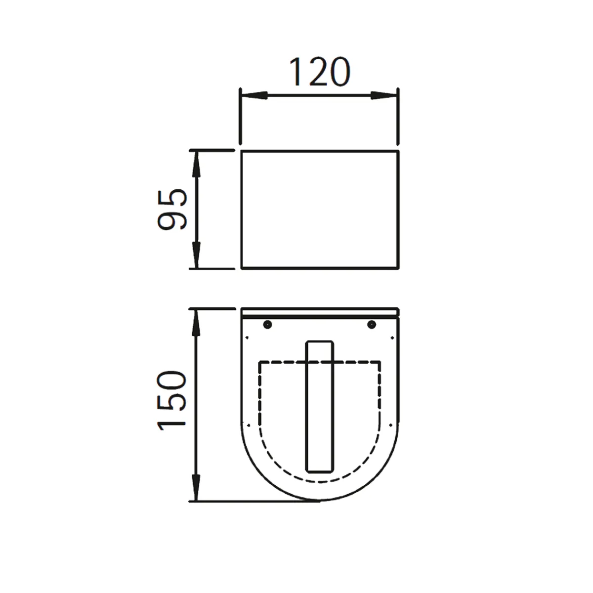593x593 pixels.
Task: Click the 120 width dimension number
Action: (x=320, y=72)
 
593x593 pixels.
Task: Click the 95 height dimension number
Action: (x=172, y=209)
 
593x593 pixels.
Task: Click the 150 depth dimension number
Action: (x=172, y=401)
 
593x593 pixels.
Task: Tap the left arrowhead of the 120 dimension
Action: (x=254, y=95)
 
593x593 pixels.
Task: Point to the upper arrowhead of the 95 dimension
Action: (x=196, y=164)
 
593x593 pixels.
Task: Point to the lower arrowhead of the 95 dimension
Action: (x=196, y=255)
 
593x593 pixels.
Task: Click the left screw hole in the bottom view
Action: (x=268, y=324)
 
